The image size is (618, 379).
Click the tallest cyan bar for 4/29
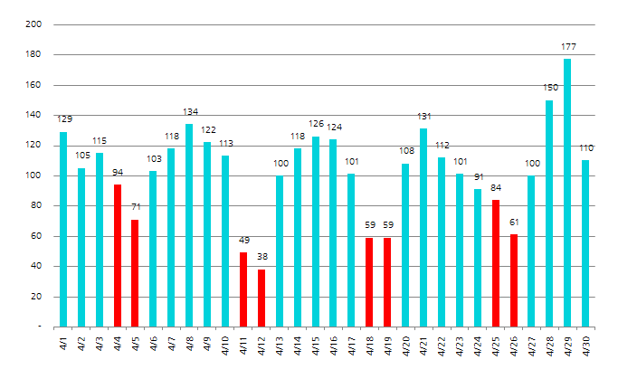(567, 193)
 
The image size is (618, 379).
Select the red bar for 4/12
(261, 298)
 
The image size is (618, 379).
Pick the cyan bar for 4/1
(63, 229)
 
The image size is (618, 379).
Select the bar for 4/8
(189, 225)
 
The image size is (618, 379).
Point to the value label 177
(567, 46)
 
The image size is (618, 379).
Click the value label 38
(261, 257)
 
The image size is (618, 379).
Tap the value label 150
(549, 88)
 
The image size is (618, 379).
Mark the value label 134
(189, 111)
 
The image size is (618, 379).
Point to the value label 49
(243, 240)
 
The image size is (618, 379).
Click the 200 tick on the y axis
(35, 25)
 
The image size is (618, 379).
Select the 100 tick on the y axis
(35, 175)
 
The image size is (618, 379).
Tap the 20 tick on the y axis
(38, 297)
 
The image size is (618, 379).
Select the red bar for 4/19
(387, 281)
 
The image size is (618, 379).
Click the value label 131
(423, 116)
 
